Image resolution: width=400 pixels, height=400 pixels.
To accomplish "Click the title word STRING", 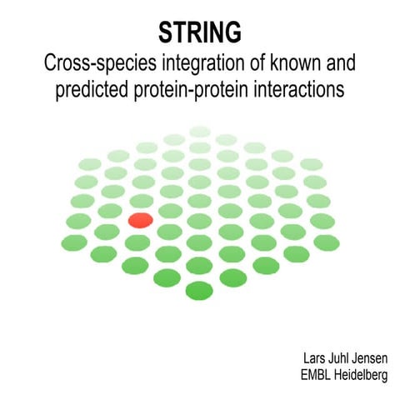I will [200, 32].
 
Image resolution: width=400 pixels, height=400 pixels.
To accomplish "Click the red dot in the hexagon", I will [140, 220].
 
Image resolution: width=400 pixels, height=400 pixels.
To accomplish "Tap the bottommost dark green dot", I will [199, 291].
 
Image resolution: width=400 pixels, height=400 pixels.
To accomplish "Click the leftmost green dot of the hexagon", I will [74, 242].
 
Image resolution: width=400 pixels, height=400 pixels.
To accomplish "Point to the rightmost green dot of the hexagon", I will [326, 242].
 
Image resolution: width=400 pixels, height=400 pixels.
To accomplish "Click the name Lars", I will [316, 358].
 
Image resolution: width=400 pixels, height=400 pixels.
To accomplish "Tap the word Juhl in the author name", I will [342, 358].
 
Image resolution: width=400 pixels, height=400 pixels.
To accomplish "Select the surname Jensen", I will [371, 358].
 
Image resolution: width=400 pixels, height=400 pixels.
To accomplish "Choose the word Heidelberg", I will [361, 376].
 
